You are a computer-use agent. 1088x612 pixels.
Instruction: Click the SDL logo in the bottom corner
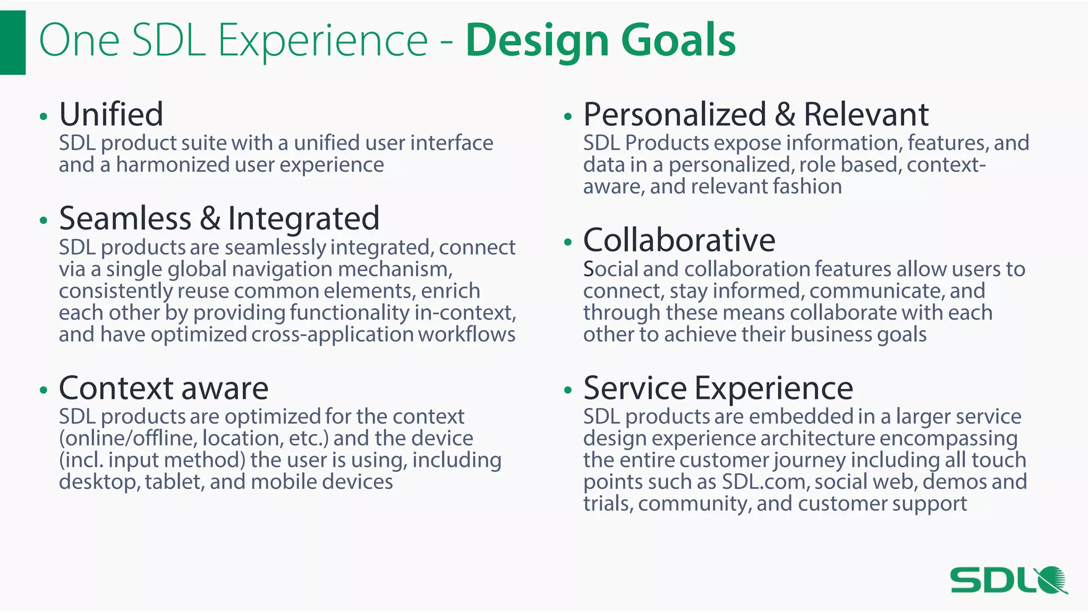click(1008, 580)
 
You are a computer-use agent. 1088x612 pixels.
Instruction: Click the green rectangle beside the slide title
click(12, 42)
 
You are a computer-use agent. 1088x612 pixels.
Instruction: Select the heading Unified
click(111, 114)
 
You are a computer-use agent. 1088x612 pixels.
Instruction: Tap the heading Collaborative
click(679, 240)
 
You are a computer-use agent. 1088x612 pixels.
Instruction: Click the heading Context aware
click(164, 388)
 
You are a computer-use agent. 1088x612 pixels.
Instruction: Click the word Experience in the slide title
click(322, 41)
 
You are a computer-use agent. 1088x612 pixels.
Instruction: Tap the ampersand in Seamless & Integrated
click(210, 218)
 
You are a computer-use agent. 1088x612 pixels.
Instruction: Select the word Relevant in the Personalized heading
click(866, 114)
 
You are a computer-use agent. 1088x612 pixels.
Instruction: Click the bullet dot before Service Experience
click(568, 390)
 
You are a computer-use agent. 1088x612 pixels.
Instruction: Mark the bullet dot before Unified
click(44, 116)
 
